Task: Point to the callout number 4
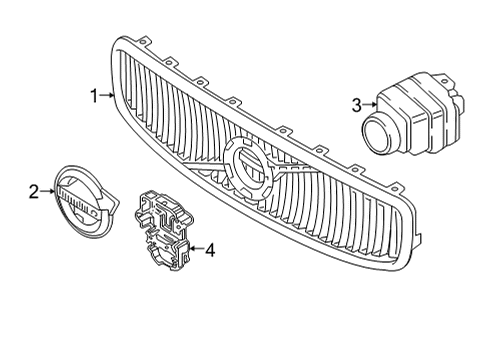210,250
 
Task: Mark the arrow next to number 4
194,250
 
